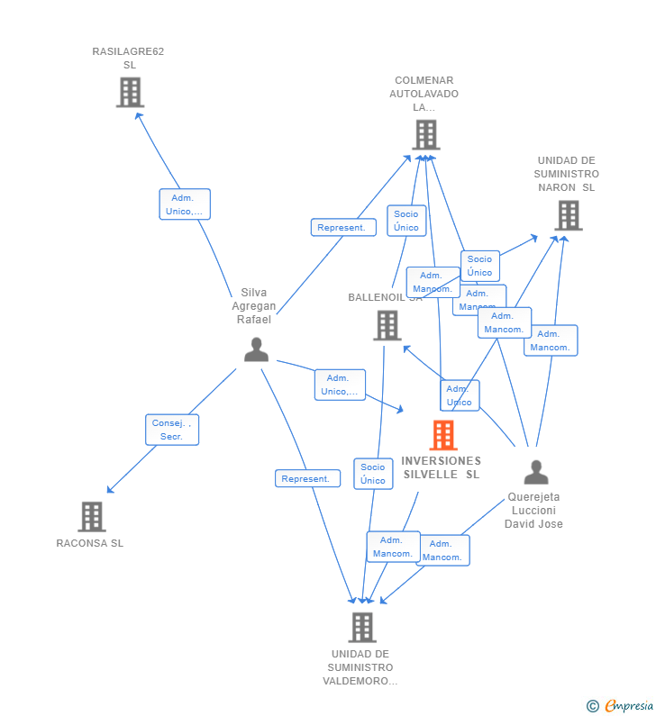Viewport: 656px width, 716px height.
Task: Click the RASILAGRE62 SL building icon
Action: (x=130, y=92)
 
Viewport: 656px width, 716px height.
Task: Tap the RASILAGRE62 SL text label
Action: (x=128, y=58)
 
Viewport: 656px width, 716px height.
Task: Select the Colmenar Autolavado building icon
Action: (x=425, y=135)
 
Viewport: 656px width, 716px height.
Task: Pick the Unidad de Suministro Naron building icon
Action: (x=568, y=215)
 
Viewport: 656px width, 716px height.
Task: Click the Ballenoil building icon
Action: (x=387, y=325)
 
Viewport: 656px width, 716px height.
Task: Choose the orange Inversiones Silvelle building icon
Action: (x=442, y=435)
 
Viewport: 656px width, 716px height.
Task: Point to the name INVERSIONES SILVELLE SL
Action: (x=442, y=467)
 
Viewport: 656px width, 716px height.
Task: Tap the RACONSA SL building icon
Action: (x=91, y=517)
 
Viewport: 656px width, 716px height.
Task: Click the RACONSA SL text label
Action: (x=90, y=543)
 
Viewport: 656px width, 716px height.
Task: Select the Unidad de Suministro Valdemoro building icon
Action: (x=361, y=627)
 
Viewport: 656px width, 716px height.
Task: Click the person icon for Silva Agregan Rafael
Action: (x=256, y=349)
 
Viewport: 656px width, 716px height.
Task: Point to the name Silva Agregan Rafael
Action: (x=254, y=306)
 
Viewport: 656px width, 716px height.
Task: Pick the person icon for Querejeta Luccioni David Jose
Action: (x=536, y=472)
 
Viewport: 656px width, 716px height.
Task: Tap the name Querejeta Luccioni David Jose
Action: (x=533, y=510)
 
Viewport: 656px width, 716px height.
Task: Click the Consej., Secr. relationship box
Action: (x=172, y=430)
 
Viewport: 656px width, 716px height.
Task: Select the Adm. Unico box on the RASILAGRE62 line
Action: (x=185, y=204)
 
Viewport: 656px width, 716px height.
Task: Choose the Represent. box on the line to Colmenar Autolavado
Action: (x=343, y=228)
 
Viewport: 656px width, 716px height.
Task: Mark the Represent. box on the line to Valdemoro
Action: (x=307, y=479)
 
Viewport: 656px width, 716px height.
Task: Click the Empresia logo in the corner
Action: (x=621, y=705)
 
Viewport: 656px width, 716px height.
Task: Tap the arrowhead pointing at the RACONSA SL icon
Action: (x=109, y=491)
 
